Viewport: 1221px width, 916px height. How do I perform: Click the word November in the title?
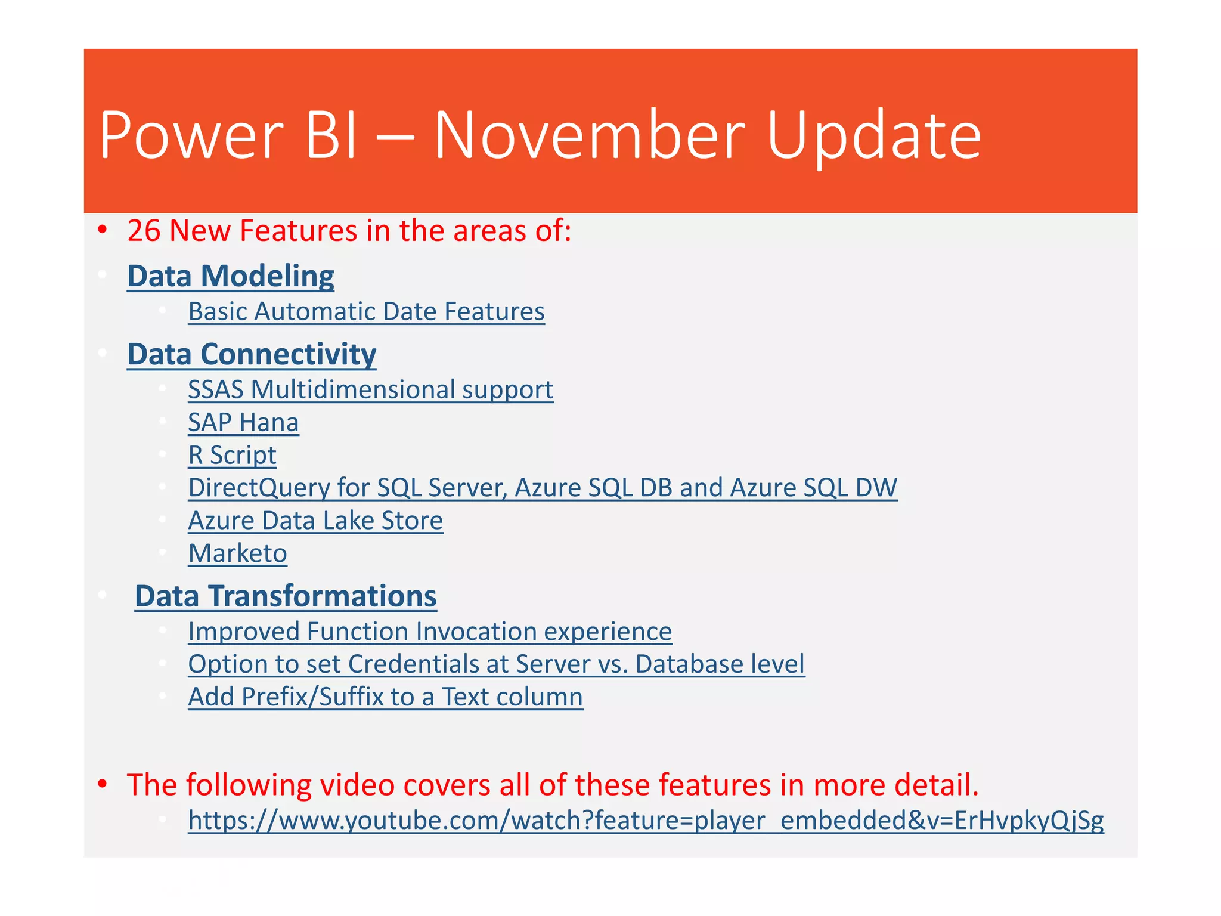click(589, 136)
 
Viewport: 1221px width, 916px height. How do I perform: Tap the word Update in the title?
click(873, 136)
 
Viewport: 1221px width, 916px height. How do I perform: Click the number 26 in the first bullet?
click(144, 231)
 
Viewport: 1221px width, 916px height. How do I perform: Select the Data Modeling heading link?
click(231, 276)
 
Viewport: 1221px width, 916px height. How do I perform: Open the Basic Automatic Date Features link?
click(366, 312)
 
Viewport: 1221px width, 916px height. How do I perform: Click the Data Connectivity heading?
click(252, 354)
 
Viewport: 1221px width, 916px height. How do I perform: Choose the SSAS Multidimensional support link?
click(370, 390)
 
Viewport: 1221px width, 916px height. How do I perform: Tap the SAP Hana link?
click(243, 423)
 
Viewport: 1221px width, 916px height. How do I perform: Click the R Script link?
click(232, 456)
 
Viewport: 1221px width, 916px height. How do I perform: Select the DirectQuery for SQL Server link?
click(543, 488)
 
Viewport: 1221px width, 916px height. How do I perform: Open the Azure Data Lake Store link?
click(315, 521)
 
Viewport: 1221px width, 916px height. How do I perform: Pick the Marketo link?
click(237, 553)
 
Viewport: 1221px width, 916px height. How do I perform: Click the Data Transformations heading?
click(286, 596)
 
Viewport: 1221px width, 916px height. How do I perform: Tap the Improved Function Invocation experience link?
click(430, 632)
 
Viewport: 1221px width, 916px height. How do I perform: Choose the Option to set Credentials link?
click(496, 664)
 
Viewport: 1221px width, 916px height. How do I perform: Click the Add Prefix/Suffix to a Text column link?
click(385, 697)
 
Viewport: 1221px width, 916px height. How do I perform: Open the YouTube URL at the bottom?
click(646, 821)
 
